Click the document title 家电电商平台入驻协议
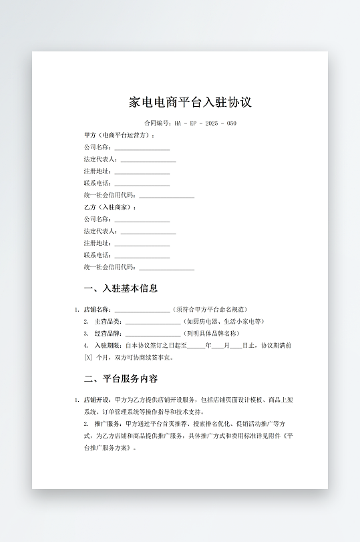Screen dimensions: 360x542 pyautogui.click(x=190, y=102)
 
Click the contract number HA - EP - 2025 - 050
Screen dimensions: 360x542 pyautogui.click(x=205, y=123)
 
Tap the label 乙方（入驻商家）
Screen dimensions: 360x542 pyautogui.click(x=110, y=207)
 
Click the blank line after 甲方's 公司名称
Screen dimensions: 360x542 pyautogui.click(x=142, y=148)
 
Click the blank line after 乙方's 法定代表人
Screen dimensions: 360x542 pyautogui.click(x=148, y=232)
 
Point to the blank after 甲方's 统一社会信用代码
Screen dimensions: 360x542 pyautogui.click(x=166, y=196)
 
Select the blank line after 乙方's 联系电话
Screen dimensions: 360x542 pyautogui.click(x=142, y=256)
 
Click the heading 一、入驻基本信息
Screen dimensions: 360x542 pyautogui.click(x=121, y=288)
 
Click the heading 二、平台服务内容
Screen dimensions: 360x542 pyautogui.click(x=121, y=378)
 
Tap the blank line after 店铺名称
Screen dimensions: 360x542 pyautogui.click(x=142, y=310)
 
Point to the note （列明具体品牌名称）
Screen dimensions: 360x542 pyautogui.click(x=212, y=334)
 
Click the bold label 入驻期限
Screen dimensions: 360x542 pyautogui.click(x=107, y=346)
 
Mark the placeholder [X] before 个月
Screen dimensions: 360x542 pyautogui.click(x=87, y=357)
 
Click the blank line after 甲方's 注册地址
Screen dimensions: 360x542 pyautogui.click(x=142, y=172)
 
